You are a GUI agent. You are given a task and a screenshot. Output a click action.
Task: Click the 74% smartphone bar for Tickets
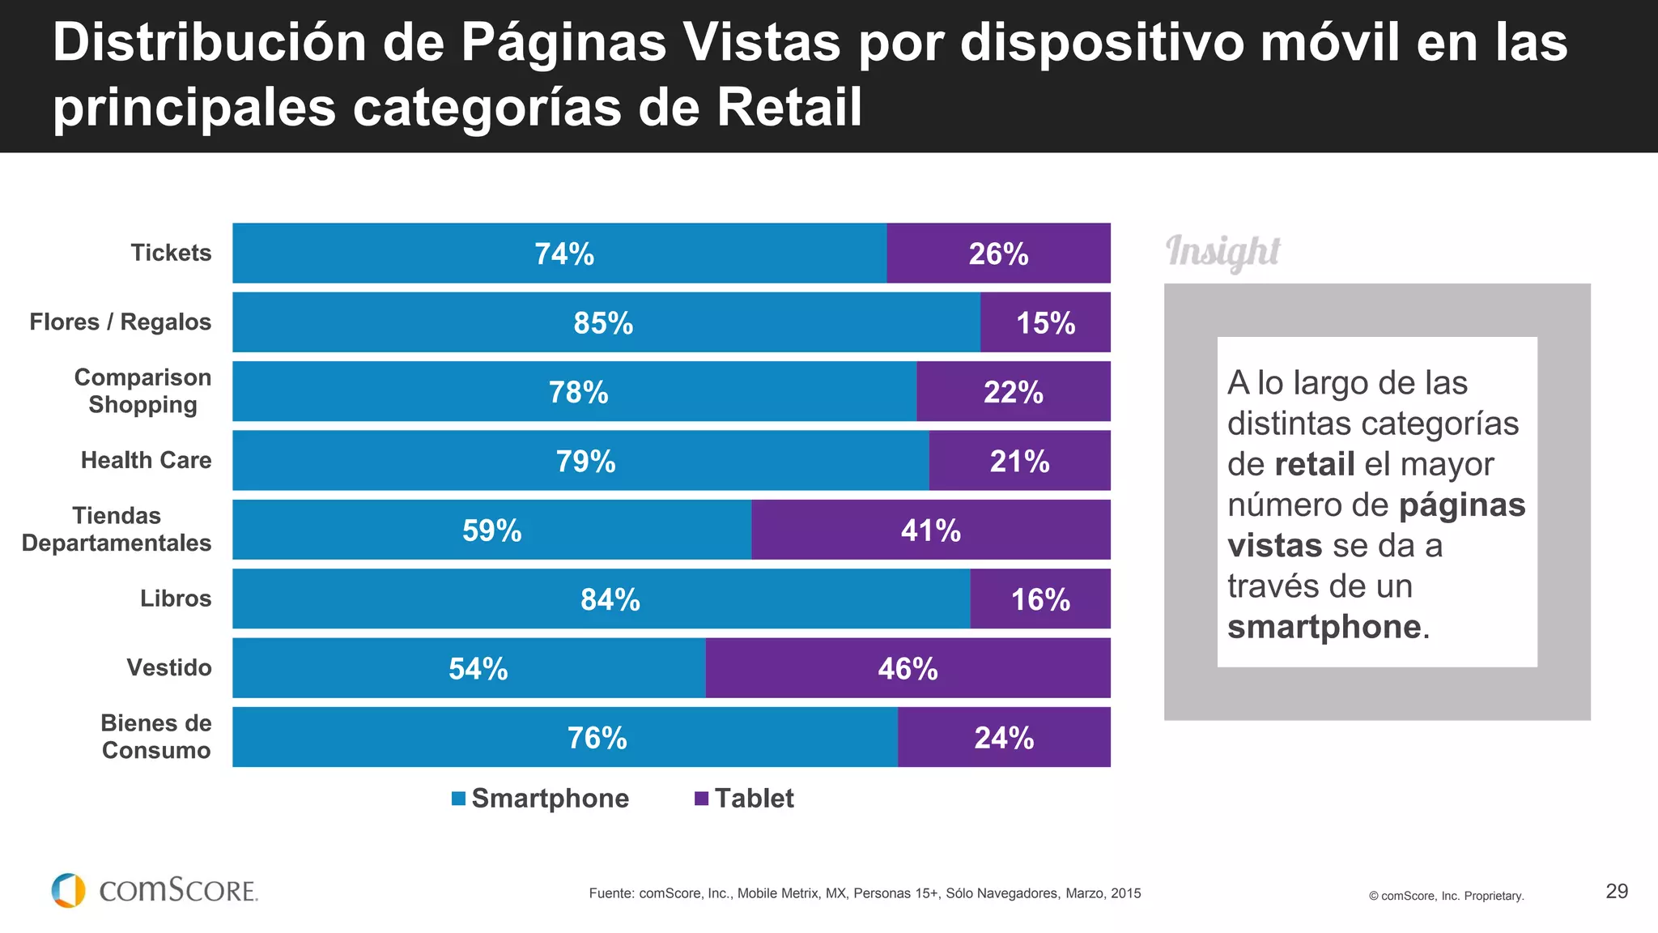pos(559,253)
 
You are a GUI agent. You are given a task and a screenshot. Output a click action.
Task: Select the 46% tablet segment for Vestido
pos(908,668)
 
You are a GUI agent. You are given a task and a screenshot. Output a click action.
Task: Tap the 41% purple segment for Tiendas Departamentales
pos(930,530)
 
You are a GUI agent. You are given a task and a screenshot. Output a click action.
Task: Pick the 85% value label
pos(603,323)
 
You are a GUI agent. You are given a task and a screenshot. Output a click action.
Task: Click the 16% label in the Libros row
pos(1040,599)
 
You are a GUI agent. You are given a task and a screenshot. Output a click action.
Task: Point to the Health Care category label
pos(146,460)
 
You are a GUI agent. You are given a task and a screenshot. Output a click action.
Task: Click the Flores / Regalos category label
pos(120,322)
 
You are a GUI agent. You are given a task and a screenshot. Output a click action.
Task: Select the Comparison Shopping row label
pos(142,391)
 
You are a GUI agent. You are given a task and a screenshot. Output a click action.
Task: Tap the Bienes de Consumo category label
pos(155,736)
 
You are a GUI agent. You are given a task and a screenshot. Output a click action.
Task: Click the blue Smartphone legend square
pos(458,799)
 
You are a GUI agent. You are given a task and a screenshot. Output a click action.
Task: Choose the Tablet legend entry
pos(745,799)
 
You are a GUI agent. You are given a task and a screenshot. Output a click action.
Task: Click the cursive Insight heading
pos(1222,252)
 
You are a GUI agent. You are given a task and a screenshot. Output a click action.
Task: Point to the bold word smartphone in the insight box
pos(1324,627)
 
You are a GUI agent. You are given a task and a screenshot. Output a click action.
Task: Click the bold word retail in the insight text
pos(1314,464)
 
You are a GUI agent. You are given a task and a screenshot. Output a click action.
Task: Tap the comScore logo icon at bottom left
pos(69,890)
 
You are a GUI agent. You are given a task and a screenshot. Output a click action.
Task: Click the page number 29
pos(1616,891)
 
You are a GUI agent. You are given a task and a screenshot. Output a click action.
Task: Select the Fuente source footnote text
pos(865,893)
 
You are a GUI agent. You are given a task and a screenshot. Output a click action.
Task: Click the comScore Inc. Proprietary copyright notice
pos(1446,896)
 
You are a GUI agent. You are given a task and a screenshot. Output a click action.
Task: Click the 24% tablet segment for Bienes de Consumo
pos(1004,738)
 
